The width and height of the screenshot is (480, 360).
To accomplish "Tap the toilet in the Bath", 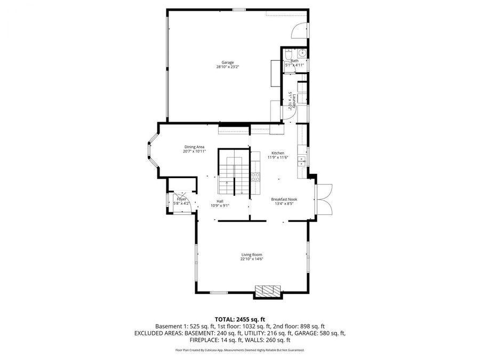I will click(x=287, y=55).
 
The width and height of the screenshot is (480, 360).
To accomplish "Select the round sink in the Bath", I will click(x=301, y=53).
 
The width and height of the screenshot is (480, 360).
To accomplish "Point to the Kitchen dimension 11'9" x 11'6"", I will click(x=278, y=157).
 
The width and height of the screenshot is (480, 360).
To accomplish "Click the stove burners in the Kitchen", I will click(x=255, y=177).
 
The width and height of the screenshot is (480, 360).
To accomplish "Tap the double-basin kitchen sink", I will click(x=301, y=159).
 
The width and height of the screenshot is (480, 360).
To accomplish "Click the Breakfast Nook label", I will click(x=284, y=199).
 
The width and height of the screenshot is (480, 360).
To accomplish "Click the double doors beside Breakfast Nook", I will click(x=324, y=196).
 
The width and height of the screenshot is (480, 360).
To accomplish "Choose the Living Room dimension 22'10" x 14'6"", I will click(x=252, y=259).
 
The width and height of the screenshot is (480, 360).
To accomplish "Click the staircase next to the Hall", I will click(x=233, y=173).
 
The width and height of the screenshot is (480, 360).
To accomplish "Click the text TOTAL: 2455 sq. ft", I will click(x=239, y=318).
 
